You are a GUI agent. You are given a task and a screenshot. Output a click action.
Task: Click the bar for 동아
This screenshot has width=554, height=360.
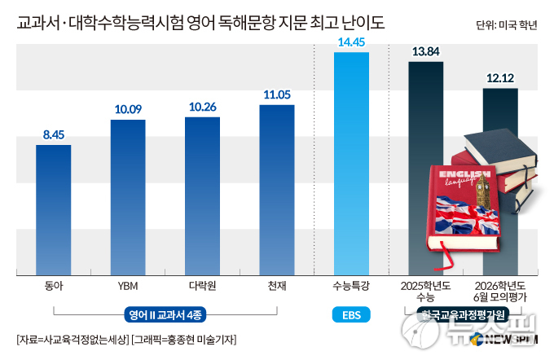(54, 209)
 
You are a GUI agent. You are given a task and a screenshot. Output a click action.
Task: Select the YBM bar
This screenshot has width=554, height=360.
(128, 196)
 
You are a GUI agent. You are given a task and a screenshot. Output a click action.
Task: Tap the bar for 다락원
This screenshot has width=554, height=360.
(202, 195)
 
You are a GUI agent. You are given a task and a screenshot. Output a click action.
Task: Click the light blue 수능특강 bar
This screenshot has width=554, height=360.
(351, 163)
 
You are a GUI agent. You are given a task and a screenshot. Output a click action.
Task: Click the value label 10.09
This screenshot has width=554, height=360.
(128, 109)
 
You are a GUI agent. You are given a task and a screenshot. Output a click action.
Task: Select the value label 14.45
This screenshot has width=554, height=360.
(351, 42)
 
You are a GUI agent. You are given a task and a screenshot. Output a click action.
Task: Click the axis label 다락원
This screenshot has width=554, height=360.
(202, 287)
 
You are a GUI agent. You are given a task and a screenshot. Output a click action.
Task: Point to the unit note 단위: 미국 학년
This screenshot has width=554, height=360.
(506, 24)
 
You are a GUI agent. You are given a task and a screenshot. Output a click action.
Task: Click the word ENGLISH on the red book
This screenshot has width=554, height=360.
(463, 175)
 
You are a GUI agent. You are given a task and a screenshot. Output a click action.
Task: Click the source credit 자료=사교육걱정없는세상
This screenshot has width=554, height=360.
(71, 339)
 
